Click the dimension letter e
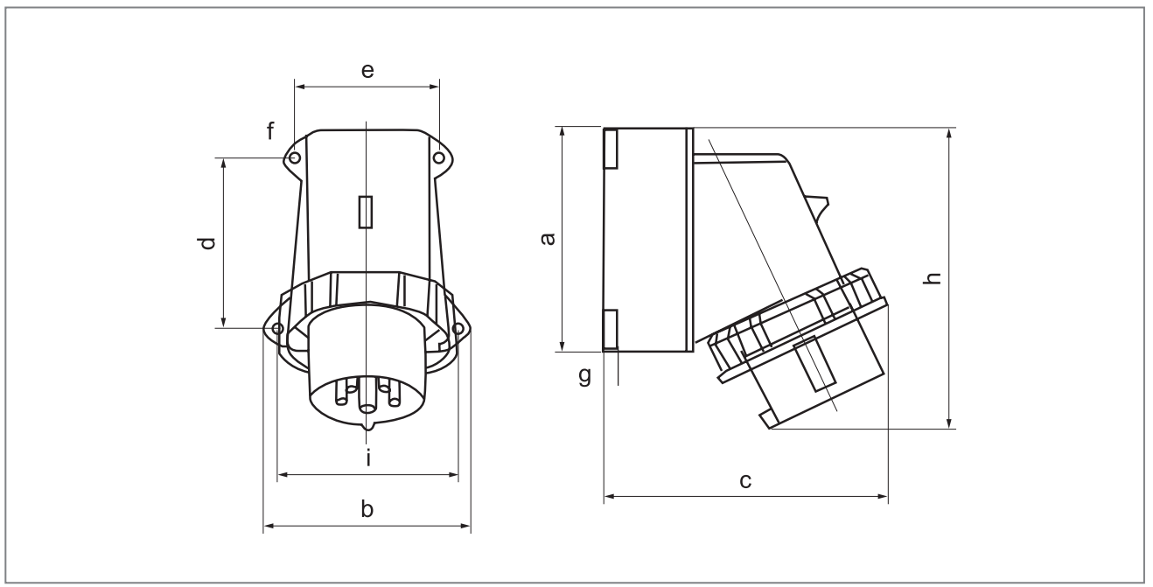coord(367,71)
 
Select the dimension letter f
coord(271,131)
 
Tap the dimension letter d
coord(206,242)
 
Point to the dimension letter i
coord(368,458)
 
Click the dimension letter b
coord(367,508)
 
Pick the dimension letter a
coord(547,239)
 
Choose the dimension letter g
coord(584,376)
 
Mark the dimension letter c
coord(745,480)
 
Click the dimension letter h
coord(933,278)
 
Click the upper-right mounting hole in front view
coord(438,157)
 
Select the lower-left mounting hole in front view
coord(277,328)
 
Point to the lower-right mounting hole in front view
coord(457,328)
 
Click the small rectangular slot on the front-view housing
coord(367,213)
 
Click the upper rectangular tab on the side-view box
coord(611,148)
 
